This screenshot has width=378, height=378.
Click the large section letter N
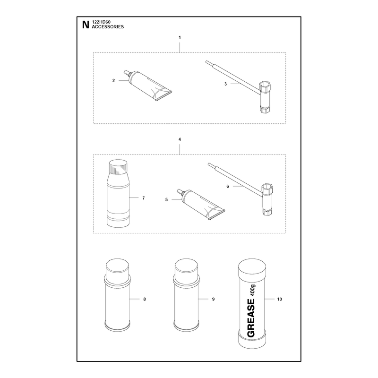point(86,25)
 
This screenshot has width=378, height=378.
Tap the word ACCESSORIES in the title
point(108,27)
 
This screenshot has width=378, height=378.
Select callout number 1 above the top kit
point(180,37)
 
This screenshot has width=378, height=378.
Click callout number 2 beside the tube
point(113,80)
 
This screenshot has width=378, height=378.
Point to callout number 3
point(226,84)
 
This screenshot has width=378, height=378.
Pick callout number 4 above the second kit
point(180,139)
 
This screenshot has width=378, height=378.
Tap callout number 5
point(166,199)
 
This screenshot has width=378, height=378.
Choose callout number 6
point(228,186)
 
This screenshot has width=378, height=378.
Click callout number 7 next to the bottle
point(144,198)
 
